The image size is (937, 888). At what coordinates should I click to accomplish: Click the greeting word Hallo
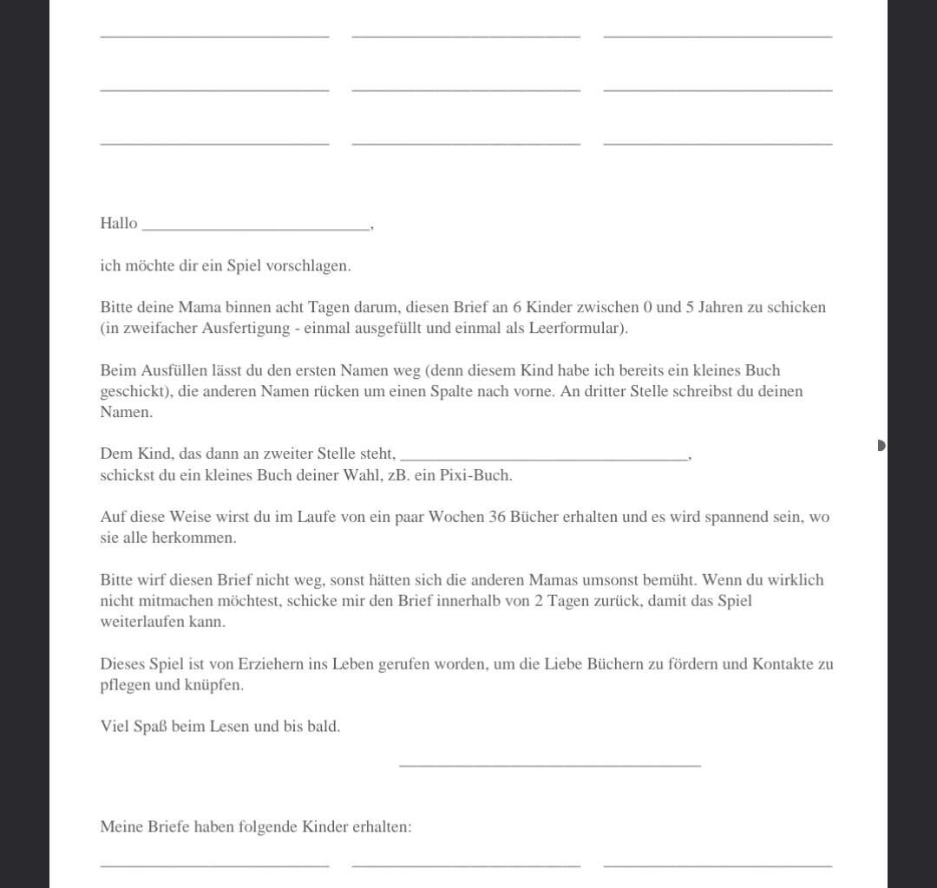[119, 224]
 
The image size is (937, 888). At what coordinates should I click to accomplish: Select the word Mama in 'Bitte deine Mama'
[200, 308]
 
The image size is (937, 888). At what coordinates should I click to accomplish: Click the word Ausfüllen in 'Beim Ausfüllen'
[173, 370]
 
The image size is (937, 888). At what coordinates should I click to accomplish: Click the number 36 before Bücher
[497, 517]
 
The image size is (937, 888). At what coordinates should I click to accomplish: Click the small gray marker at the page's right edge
[881, 445]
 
